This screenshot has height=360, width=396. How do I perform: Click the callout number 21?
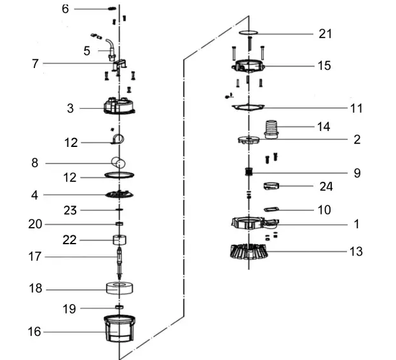tap(325, 34)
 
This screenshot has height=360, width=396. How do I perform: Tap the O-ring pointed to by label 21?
tap(249, 32)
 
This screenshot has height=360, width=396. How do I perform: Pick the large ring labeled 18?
tap(119, 288)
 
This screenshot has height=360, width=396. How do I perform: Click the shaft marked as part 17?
tap(119, 257)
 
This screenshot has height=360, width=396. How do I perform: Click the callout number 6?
tap(65, 9)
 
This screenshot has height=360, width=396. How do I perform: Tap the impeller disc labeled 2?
tap(249, 140)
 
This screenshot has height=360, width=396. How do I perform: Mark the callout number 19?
tap(69, 309)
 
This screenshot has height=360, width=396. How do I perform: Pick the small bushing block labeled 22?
tap(119, 240)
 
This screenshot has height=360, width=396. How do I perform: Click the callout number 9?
tap(357, 172)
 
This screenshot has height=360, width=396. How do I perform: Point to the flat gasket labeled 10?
tap(273, 209)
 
